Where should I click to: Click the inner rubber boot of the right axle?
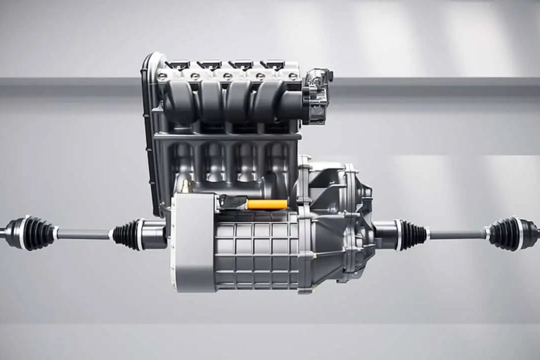(410, 231)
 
